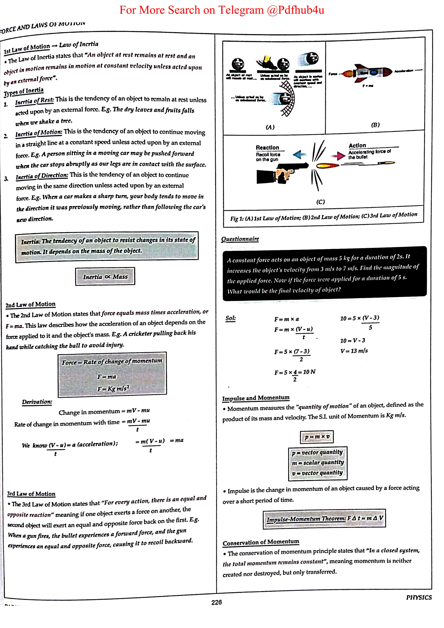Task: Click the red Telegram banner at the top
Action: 222,10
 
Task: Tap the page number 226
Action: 216,602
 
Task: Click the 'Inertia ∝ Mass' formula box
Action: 105,277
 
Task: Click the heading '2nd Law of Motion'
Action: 30,304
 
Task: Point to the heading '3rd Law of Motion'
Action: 31,494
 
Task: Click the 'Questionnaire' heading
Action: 240,239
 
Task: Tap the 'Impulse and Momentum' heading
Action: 256,398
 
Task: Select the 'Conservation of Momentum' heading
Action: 261,542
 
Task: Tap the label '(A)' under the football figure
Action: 270,127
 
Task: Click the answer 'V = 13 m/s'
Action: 354,351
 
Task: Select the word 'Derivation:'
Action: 37,402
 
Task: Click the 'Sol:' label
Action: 230,318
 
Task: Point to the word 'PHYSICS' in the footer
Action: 419,597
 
